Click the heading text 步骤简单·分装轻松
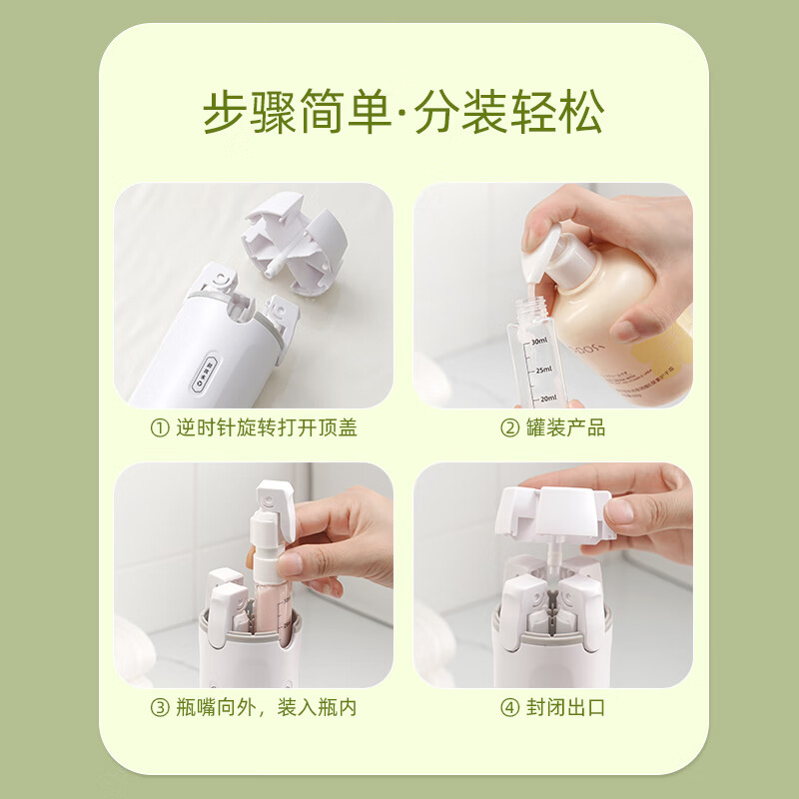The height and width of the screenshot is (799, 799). pos(403,114)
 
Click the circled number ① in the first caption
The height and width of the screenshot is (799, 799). pos(159,428)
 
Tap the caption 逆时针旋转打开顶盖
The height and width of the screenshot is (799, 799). pos(266,428)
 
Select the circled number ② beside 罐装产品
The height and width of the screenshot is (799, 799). pos(509,428)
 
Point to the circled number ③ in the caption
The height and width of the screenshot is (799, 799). pos(159,708)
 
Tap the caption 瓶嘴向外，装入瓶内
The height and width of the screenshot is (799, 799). pos(266,708)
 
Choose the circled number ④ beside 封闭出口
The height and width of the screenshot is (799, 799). pos(509,708)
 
